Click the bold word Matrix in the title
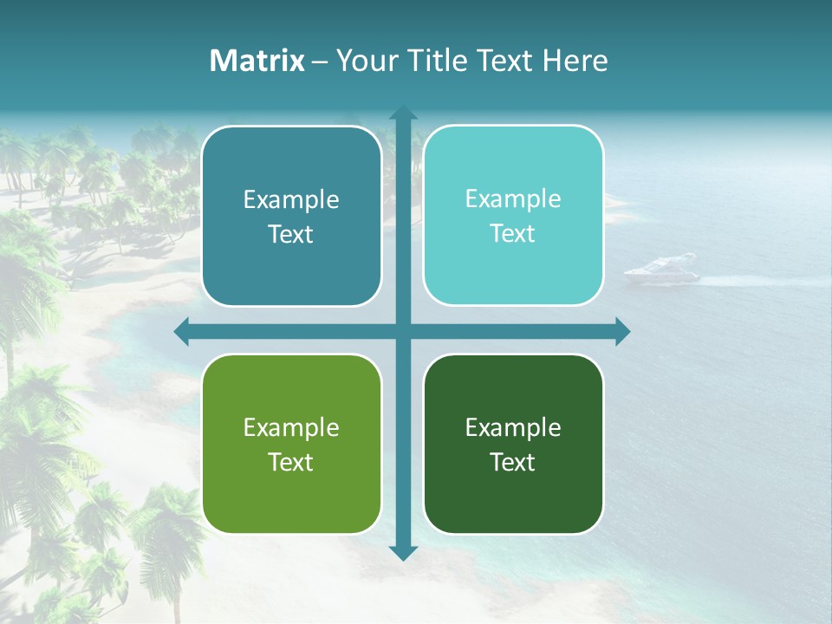coord(257,61)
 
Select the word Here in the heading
coord(575,61)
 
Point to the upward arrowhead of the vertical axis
coord(403,113)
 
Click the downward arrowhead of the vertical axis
coord(403,553)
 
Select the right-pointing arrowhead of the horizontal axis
coord(622,331)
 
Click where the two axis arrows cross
coord(403,331)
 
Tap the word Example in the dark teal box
coord(291,200)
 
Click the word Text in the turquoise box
coord(513,234)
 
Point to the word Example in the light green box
coord(291,428)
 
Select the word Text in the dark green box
coord(513,462)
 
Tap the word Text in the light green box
coord(291,462)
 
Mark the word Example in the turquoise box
coord(513,199)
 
